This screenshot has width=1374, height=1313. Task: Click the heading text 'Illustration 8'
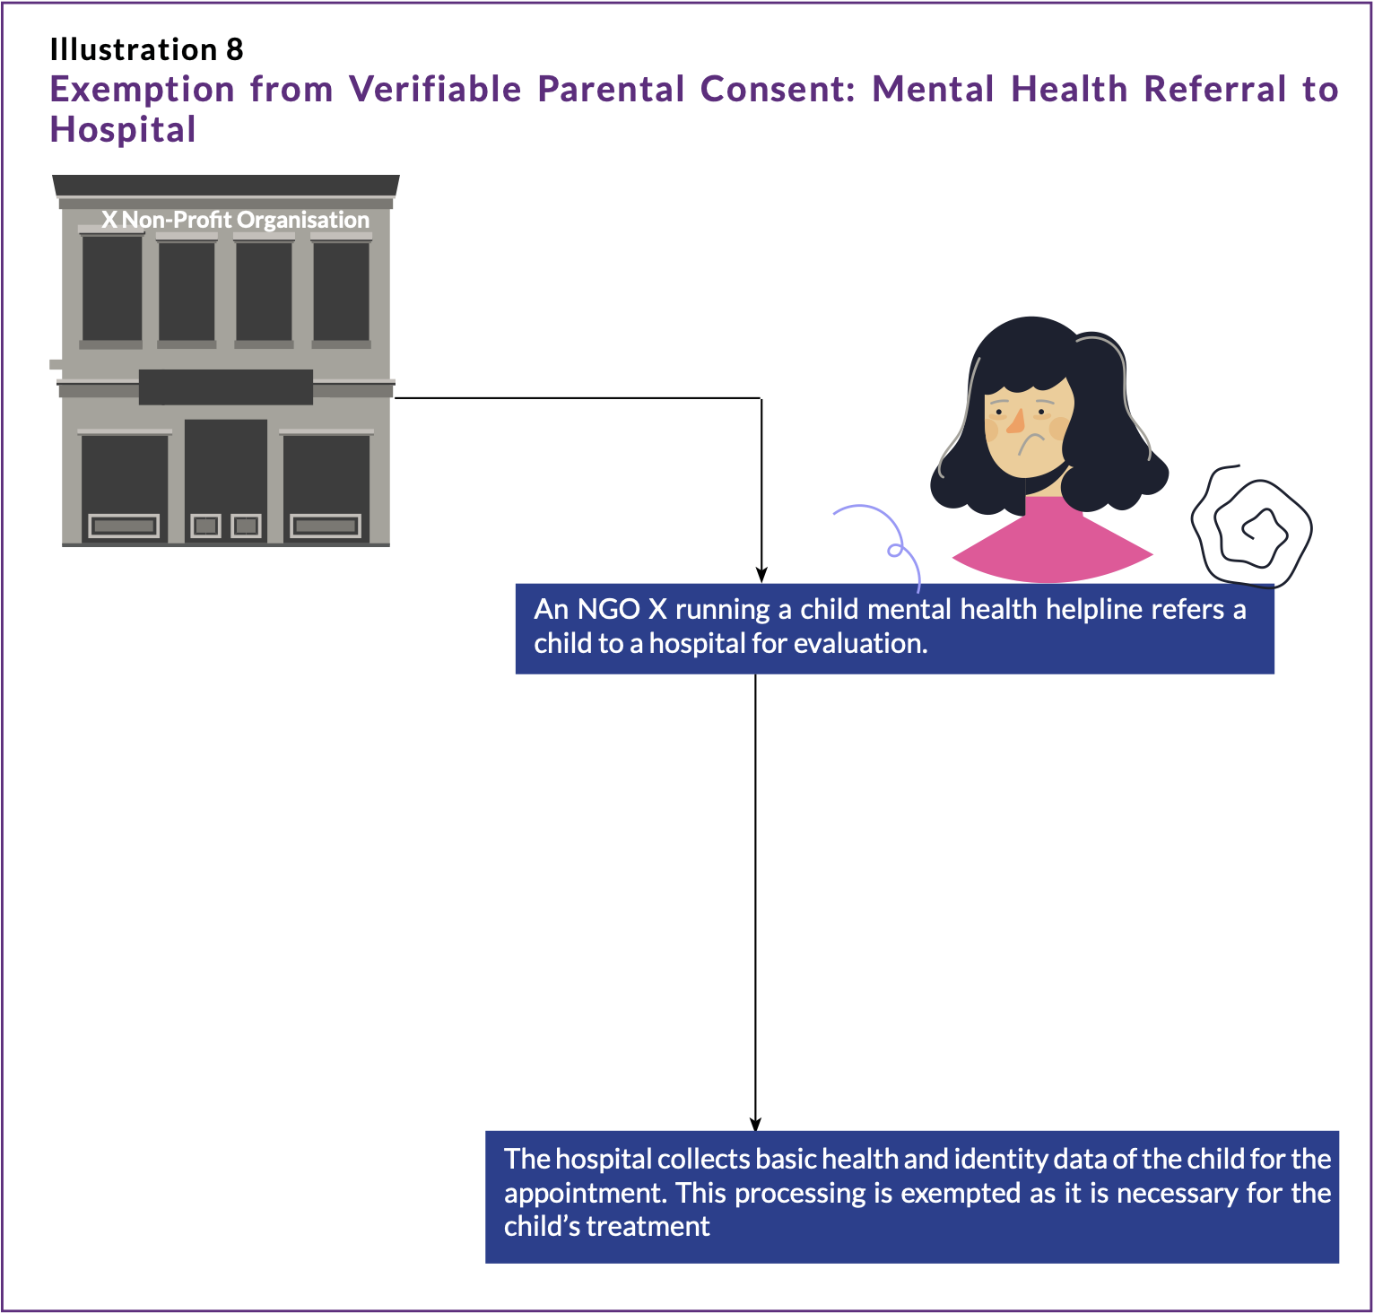[146, 49]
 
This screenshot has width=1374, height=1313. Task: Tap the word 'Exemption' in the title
[142, 90]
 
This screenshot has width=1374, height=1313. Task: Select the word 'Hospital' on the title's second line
[123, 130]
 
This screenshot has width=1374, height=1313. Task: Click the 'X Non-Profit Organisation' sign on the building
[235, 220]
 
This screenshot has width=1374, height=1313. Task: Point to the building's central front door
[226, 480]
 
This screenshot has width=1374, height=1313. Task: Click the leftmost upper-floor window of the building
[112, 288]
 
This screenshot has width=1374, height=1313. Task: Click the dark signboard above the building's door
[226, 387]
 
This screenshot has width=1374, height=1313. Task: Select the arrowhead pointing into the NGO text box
[761, 575]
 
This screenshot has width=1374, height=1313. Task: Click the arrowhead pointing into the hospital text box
[756, 1124]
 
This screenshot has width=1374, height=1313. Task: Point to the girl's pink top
[1051, 543]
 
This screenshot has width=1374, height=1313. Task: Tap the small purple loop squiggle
[894, 550]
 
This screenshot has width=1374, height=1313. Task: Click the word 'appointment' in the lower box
[585, 1194]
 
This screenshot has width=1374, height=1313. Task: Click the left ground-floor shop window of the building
[125, 484]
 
